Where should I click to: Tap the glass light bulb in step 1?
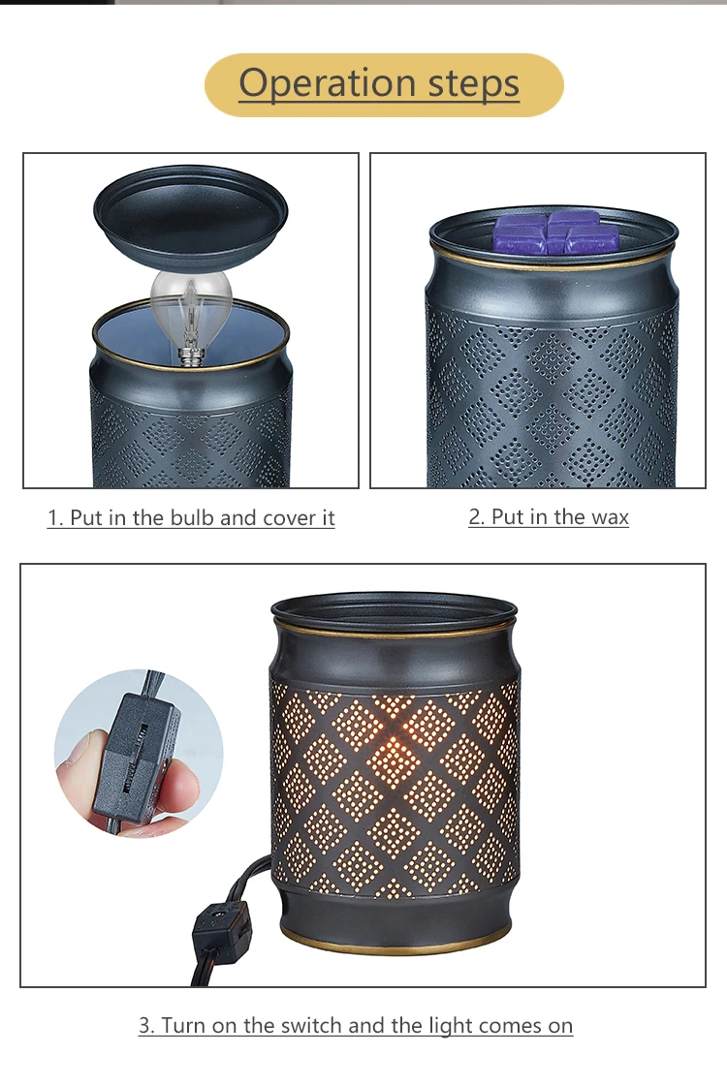(192, 295)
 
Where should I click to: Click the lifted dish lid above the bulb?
(191, 208)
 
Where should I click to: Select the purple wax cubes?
(559, 233)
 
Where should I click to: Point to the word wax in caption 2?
(610, 517)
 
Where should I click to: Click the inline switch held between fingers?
(136, 756)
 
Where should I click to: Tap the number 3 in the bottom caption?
(145, 1025)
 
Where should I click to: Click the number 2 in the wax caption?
(475, 517)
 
